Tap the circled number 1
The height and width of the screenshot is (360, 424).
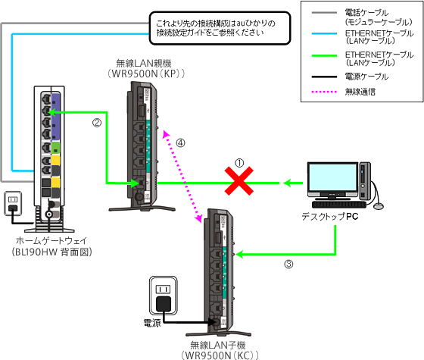pos(239,161)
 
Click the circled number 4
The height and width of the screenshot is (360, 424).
pos(180,142)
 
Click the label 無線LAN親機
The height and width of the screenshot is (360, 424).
pos(147,63)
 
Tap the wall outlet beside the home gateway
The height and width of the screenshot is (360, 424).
pos(13,203)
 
